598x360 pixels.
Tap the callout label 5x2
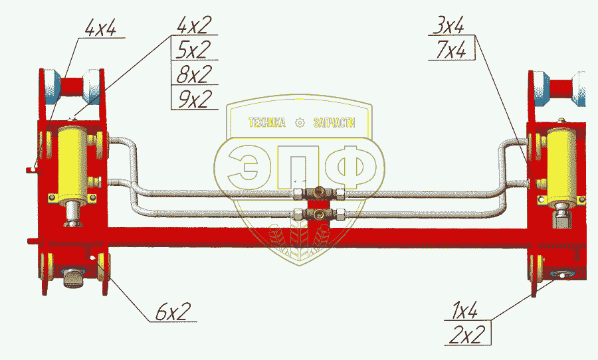[193, 50]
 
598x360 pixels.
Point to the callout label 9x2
[193, 99]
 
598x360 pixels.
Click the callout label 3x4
[449, 27]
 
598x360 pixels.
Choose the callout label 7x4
[449, 50]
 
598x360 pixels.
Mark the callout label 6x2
[173, 310]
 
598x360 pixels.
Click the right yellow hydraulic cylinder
[562, 163]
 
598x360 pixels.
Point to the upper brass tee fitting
[320, 193]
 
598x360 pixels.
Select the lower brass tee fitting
[320, 214]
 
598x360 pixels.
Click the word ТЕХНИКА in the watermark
[266, 123]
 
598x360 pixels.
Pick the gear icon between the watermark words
[300, 123]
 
